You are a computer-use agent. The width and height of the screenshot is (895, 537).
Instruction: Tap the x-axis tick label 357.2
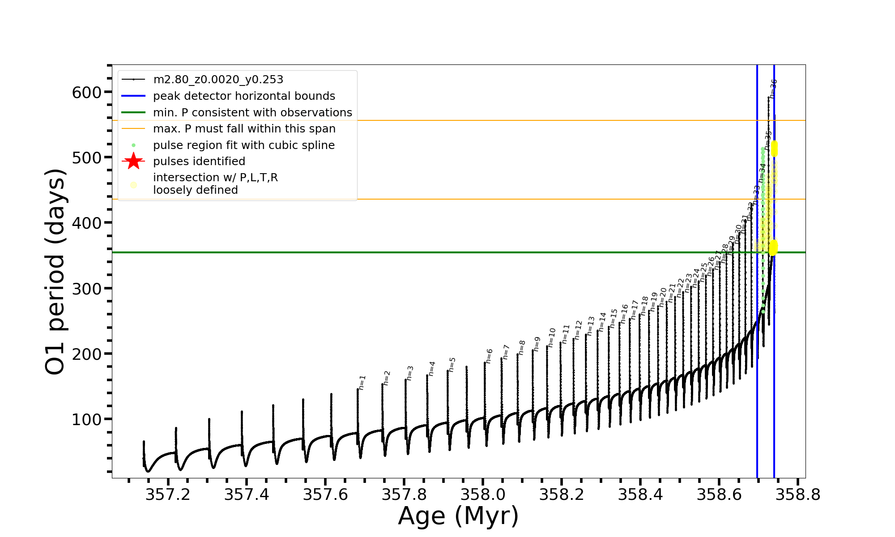(x=168, y=494)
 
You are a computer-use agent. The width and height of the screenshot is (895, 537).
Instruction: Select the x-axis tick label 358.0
(x=483, y=494)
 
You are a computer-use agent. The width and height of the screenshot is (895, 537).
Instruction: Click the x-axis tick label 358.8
(x=798, y=494)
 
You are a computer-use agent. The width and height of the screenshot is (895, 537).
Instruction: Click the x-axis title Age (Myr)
(x=458, y=516)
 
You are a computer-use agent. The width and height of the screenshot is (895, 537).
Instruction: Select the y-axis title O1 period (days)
(x=55, y=272)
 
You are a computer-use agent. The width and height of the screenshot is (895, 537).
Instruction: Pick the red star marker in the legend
(x=133, y=161)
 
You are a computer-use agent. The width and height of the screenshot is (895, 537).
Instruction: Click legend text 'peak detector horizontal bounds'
(x=244, y=96)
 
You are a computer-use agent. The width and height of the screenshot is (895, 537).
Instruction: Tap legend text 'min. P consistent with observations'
(x=252, y=113)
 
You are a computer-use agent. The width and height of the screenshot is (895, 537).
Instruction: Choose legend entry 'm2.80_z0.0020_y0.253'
(x=218, y=80)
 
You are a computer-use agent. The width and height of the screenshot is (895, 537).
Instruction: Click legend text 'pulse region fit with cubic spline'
(x=243, y=145)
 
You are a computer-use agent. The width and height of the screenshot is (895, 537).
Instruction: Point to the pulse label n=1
(x=362, y=383)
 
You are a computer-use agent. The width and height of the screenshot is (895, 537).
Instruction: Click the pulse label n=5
(x=452, y=365)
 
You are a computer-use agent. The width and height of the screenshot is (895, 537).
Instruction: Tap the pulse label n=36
(x=773, y=88)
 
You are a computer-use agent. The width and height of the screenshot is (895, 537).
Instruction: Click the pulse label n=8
(x=522, y=348)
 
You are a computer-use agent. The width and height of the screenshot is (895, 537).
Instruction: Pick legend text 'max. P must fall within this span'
(x=244, y=129)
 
